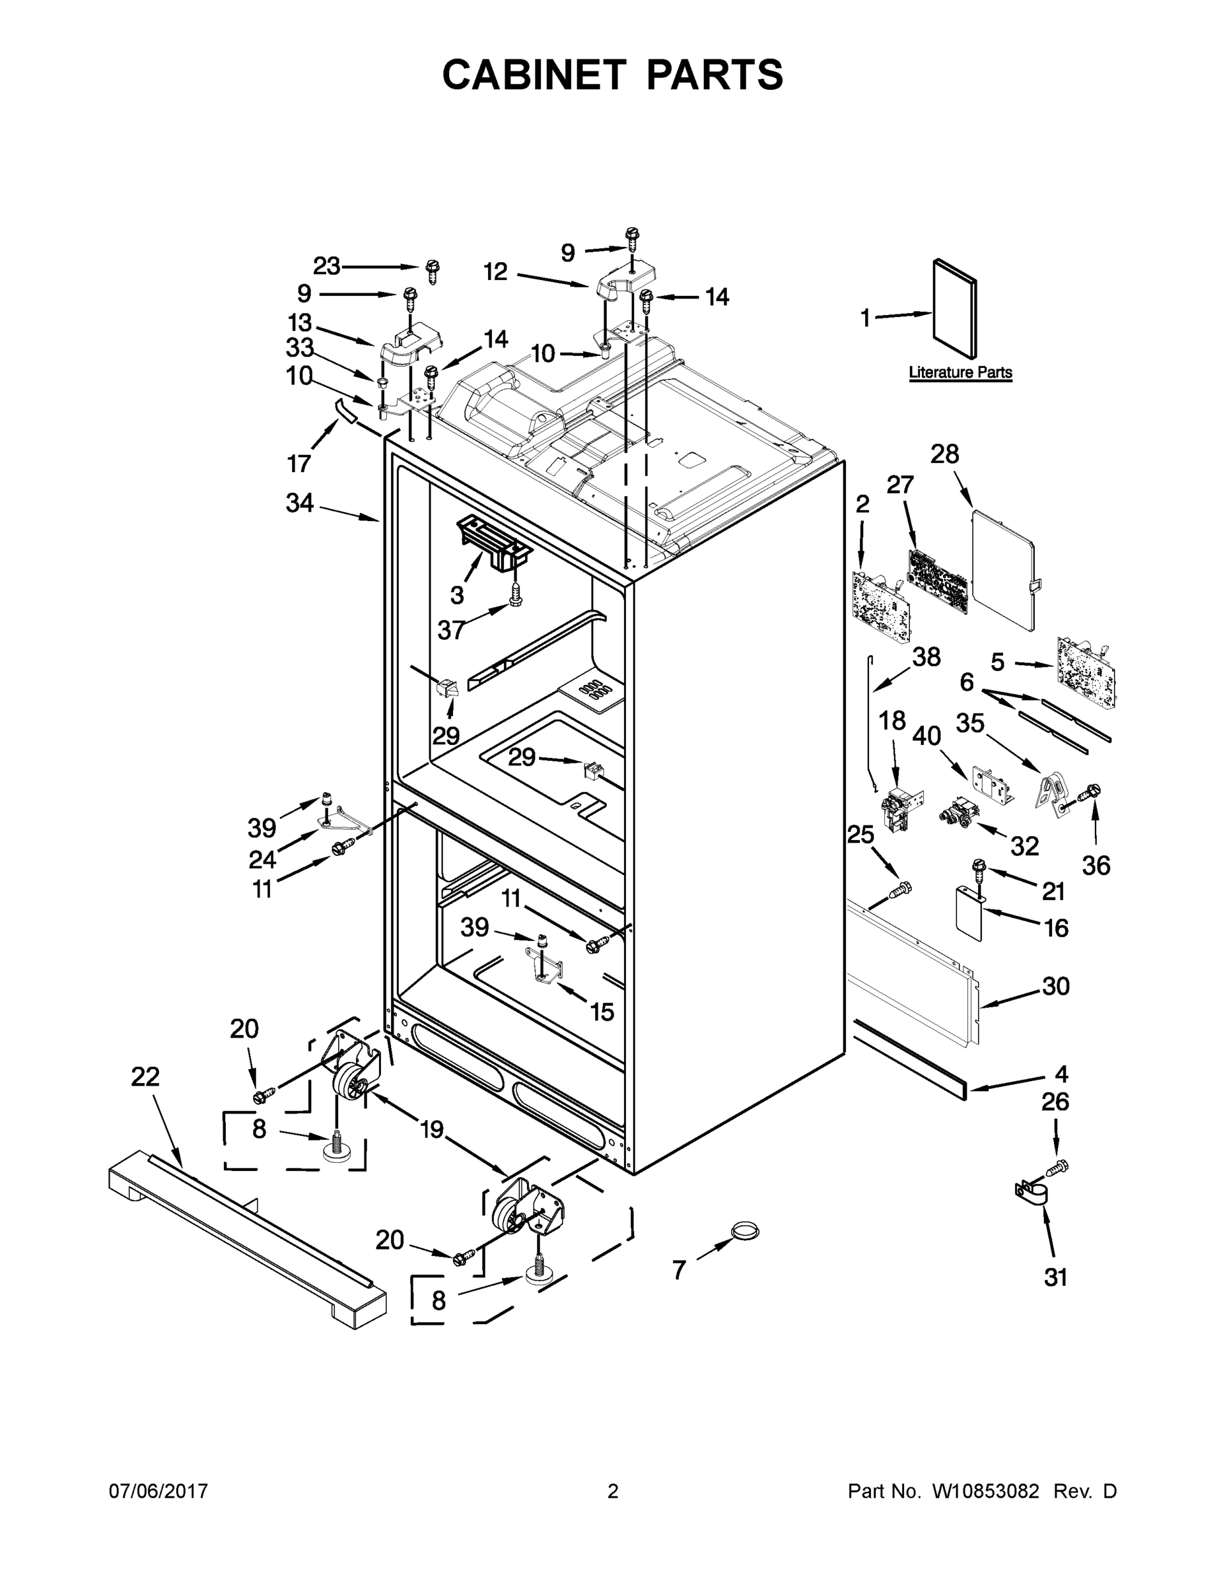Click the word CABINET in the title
534,75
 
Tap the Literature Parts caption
960,372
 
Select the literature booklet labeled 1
954,308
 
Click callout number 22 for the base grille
145,1076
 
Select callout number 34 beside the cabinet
299,502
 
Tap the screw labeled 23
433,271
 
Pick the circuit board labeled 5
1087,669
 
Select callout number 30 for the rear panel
1055,986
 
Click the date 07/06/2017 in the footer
158,1491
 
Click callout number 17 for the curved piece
299,462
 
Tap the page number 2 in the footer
613,1491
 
